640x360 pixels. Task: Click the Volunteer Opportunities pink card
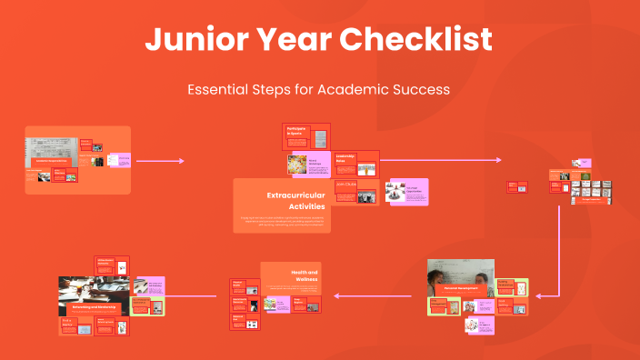[x=408, y=192]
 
